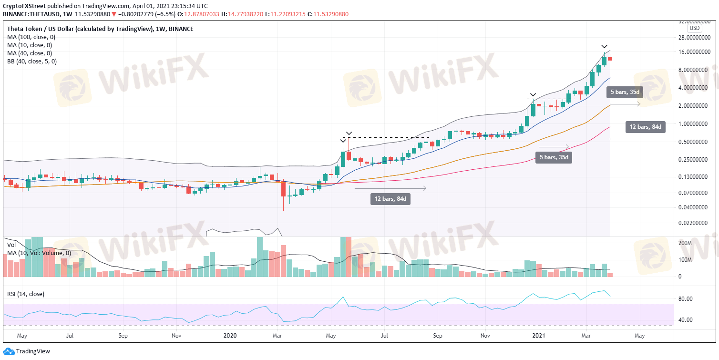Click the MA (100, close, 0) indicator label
click(x=31, y=37)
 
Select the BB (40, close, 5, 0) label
click(x=31, y=62)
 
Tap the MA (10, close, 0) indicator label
click(x=30, y=45)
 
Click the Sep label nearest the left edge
click(x=123, y=336)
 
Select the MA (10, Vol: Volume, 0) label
click(x=39, y=253)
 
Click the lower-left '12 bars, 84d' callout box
click(x=390, y=199)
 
